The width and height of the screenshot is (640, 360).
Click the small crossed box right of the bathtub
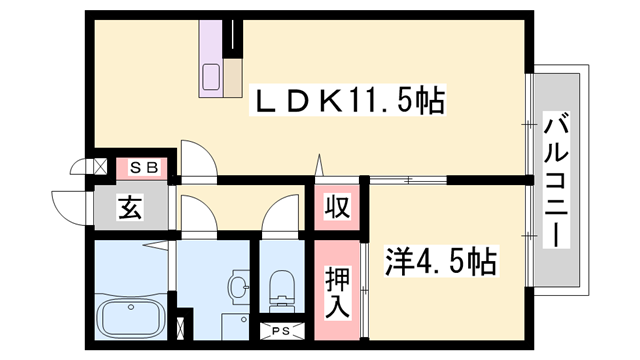point(181,326)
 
